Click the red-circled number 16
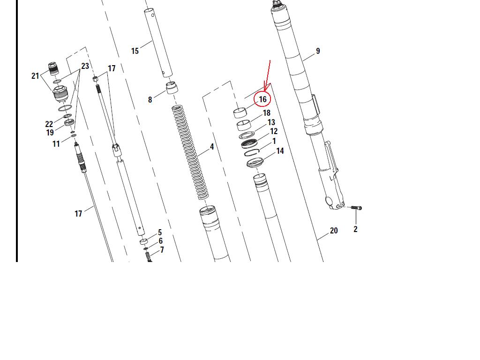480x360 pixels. pyautogui.click(x=262, y=99)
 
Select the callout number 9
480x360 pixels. pyautogui.click(x=318, y=51)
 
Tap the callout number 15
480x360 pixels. pyautogui.click(x=135, y=51)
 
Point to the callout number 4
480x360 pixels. pyautogui.click(x=212, y=147)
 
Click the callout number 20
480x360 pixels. pyautogui.click(x=334, y=231)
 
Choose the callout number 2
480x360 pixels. pyautogui.click(x=355, y=229)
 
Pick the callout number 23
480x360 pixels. pyautogui.click(x=85, y=66)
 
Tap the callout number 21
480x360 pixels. pyautogui.click(x=35, y=75)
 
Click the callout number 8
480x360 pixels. pyautogui.click(x=150, y=99)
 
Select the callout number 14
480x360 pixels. pyautogui.click(x=280, y=151)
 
